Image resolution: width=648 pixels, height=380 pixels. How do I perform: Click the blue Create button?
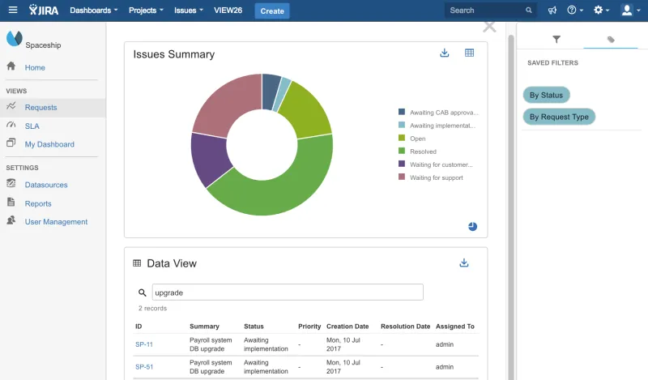[272, 11]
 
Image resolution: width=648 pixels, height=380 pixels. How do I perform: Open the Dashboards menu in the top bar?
[94, 11]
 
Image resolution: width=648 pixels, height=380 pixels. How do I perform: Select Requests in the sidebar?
[40, 107]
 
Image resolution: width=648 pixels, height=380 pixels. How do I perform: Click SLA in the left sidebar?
[32, 126]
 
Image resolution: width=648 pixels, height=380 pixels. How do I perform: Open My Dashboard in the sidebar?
[49, 144]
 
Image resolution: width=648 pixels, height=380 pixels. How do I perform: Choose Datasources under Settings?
[46, 185]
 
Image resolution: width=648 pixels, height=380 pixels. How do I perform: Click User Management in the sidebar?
[56, 221]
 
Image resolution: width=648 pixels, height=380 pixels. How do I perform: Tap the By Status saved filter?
[546, 95]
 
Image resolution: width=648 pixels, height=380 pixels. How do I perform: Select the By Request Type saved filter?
[559, 117]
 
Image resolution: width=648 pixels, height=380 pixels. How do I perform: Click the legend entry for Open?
[418, 139]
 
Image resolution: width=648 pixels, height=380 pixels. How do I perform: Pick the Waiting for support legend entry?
[437, 177]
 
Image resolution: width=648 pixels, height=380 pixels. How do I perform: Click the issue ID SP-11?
[144, 344]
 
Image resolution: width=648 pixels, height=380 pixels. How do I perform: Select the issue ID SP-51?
[144, 367]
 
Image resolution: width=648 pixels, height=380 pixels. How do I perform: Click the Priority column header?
[309, 327]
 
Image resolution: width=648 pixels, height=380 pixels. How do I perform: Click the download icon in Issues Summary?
[444, 53]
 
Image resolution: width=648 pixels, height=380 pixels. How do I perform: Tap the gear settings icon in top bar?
[599, 11]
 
